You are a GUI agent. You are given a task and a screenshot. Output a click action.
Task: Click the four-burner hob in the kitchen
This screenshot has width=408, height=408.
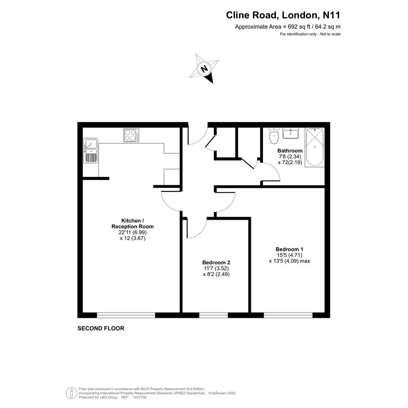(131, 135)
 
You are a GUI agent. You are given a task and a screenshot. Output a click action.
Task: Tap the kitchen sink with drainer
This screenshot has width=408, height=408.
(90, 150)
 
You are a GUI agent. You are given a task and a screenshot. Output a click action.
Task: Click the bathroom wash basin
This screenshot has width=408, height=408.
(291, 133)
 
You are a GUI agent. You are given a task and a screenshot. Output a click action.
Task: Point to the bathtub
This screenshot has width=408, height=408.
(315, 147)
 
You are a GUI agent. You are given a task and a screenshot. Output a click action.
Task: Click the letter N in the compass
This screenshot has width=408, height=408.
(205, 69)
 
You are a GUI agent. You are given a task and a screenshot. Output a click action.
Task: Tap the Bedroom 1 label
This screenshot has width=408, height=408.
(289, 249)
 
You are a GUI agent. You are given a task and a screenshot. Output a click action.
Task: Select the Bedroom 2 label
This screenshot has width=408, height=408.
(216, 263)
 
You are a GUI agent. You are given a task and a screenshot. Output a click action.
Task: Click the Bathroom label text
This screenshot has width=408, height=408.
(290, 151)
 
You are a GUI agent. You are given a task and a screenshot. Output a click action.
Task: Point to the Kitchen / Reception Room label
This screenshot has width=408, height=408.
(133, 224)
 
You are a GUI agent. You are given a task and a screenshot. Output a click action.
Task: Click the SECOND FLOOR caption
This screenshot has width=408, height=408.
(101, 329)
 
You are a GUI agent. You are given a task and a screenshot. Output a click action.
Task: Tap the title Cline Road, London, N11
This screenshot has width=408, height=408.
(283, 15)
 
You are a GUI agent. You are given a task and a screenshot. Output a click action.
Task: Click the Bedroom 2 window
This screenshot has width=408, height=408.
(214, 315)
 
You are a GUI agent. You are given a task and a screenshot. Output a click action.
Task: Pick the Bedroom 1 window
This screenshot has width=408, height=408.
(288, 315)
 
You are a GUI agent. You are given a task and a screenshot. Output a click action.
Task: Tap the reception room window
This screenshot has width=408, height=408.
(126, 315)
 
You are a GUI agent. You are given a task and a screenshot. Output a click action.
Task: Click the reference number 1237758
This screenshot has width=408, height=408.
(139, 397)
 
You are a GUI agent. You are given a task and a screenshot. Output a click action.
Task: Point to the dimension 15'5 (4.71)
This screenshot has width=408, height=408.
(290, 255)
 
